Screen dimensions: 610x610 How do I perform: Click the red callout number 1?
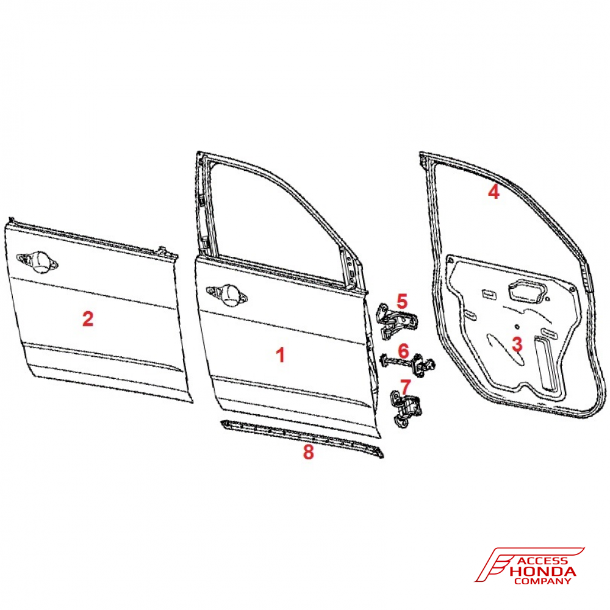click(x=281, y=355)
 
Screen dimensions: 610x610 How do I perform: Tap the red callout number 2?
click(x=88, y=318)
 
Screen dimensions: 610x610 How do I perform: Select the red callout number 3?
click(x=517, y=344)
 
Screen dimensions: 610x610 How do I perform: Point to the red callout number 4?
click(x=493, y=192)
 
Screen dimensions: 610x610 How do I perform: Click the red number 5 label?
click(x=402, y=301)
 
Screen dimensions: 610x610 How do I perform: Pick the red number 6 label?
click(x=404, y=351)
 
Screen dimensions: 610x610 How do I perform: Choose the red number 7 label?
click(x=405, y=387)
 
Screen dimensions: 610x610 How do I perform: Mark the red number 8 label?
click(x=308, y=452)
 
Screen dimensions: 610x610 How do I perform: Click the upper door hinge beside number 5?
click(x=398, y=321)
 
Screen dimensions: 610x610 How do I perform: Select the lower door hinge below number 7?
click(x=406, y=410)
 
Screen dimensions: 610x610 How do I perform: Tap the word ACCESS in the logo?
click(x=544, y=561)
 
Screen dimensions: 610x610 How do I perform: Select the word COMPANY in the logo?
click(x=543, y=581)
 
